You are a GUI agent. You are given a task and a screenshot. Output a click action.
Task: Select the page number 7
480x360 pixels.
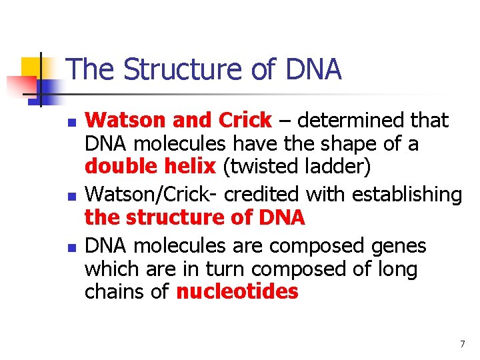pos(462,344)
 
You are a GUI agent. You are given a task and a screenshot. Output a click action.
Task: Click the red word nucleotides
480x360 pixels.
pos(237,292)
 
